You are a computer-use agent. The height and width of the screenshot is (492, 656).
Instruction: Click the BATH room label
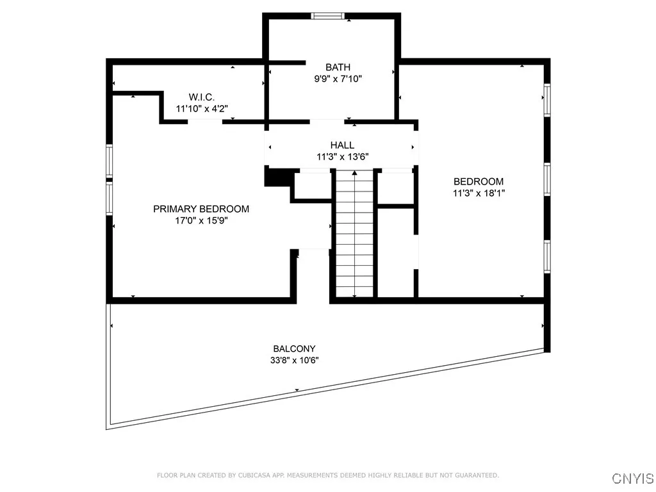point(338,67)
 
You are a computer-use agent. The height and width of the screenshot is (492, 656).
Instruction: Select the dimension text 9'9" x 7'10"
point(338,79)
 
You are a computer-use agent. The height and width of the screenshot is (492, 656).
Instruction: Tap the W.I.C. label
point(201,97)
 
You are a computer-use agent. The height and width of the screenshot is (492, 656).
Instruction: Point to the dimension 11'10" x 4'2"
point(201,109)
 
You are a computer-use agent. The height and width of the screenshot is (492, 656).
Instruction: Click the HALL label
point(342,145)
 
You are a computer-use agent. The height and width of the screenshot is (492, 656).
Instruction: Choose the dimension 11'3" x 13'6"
point(342,156)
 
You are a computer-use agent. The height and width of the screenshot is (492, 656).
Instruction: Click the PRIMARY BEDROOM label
point(201,209)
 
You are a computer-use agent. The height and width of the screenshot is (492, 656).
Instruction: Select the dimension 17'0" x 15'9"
point(201,220)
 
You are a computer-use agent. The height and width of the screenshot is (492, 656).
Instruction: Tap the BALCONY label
point(294,348)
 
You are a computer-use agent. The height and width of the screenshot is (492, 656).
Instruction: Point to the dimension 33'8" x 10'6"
point(294,360)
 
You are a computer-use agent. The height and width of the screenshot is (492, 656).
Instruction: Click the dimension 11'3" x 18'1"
point(479,193)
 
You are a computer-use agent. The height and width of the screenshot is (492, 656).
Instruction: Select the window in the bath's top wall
point(327,16)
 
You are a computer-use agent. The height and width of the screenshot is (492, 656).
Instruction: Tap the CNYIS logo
point(632,479)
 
